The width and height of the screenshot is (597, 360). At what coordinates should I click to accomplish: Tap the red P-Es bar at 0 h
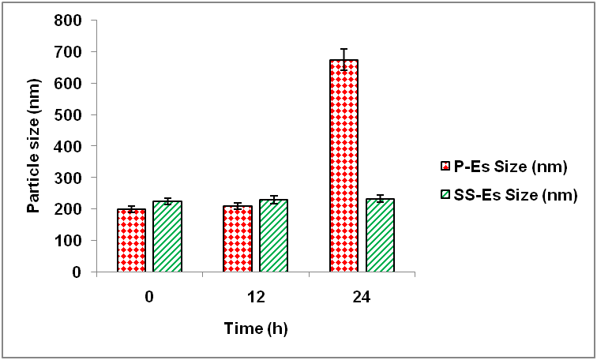(x=132, y=241)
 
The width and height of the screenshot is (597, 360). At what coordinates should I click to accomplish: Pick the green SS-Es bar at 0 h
(x=167, y=237)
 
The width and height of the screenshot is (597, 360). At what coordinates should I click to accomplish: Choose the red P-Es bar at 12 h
(x=238, y=239)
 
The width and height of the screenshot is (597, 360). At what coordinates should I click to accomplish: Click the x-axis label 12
(x=256, y=298)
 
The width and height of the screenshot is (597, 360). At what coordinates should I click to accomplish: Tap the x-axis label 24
(x=362, y=298)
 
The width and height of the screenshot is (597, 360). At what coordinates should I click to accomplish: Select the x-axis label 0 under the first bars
(x=149, y=298)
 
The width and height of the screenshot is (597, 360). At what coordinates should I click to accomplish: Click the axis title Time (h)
(x=255, y=327)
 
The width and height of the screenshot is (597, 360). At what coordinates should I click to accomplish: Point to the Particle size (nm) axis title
(x=34, y=146)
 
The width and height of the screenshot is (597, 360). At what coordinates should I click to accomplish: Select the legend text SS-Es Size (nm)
(x=515, y=194)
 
